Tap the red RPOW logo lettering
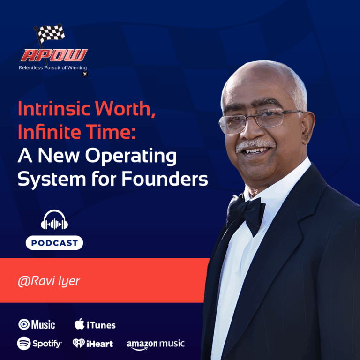[x=53, y=56]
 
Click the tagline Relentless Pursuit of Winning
[x=52, y=68]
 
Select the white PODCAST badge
[x=54, y=243]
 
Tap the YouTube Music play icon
[x=24, y=324]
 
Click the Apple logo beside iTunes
[x=80, y=324]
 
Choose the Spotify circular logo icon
[x=24, y=344]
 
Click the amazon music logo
[x=156, y=345]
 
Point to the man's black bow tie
[x=246, y=213]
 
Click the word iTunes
[x=101, y=325]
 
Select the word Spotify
[x=47, y=344]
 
